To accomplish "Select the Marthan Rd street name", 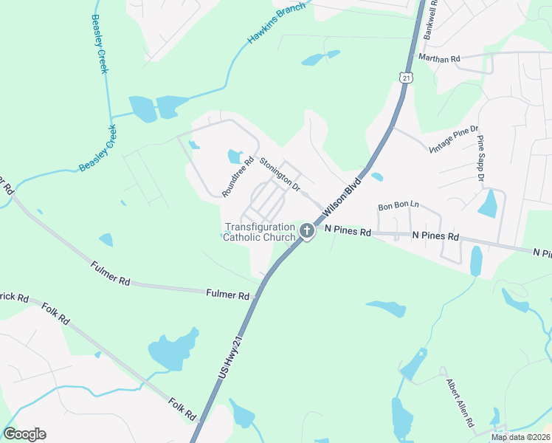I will pos(439,58).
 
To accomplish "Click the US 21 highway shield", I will pos(405,77).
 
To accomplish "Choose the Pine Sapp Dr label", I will pos(480,158).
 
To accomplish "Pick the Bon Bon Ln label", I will pos(399,206).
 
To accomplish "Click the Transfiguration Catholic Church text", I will pos(259,232).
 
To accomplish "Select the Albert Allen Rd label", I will pos(459,403).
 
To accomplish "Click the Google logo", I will pos(24,434).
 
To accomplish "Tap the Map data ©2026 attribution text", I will pos(520,437).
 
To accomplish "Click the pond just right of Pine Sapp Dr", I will pos(489,203).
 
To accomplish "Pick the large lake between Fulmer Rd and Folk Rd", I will pos(174,348).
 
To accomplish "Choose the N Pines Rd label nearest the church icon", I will pos(344,231).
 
